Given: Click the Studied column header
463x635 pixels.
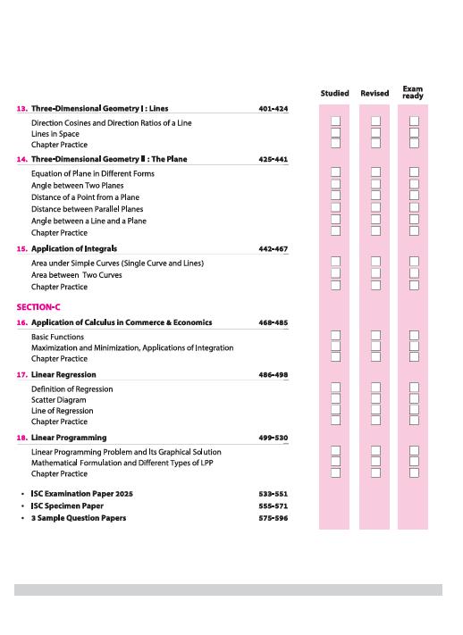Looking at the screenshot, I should pos(335,93).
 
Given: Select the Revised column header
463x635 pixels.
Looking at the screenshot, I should pos(375,93).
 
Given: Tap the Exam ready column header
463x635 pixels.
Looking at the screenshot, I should pos(413,91).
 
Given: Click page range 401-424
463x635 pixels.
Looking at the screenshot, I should pos(273,109).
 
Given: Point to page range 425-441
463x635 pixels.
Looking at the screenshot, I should pos(273,159).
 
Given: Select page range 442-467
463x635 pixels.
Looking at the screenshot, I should pos(273,249).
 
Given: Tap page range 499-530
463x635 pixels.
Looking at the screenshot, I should pos(273,439).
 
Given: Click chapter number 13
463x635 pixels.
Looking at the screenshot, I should pos(21,109).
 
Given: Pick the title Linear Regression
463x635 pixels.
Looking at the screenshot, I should pos(63,375).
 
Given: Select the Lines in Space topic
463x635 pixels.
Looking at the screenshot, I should pos(55,134).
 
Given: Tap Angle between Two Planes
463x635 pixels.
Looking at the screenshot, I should pos(76,186).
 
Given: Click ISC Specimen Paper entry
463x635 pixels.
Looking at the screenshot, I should pos(67,505).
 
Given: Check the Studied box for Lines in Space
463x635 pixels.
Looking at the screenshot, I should pos(336,132).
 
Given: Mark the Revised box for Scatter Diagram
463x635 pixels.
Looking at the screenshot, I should pos(375,399).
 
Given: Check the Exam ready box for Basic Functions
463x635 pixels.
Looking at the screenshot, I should pos(414,336).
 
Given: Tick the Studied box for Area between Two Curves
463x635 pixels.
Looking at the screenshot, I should pos(336,273).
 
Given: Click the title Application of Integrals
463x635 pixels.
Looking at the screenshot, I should pos(74,249).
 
